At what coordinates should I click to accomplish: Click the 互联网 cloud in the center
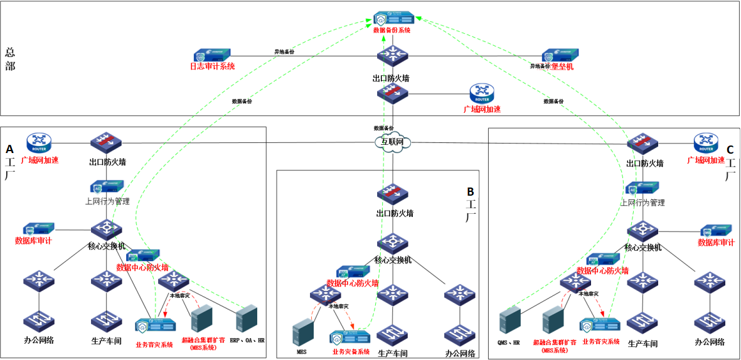[x=393, y=142]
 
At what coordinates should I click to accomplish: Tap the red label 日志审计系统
[x=212, y=66]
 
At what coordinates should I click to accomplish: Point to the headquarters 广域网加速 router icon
[x=482, y=94]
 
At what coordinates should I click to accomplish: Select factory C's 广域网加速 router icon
[x=705, y=142]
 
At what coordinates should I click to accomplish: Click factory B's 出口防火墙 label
[x=394, y=213]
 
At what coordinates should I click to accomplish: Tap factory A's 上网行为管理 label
[x=107, y=201]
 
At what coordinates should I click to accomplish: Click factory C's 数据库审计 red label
[x=716, y=242]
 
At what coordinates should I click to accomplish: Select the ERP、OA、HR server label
[x=247, y=340]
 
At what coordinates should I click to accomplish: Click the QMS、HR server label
[x=509, y=342]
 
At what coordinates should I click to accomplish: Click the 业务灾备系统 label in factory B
[x=351, y=352]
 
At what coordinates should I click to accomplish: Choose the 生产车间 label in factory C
[x=642, y=344]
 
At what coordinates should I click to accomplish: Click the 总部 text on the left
[x=10, y=59]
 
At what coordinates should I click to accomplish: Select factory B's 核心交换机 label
[x=393, y=260]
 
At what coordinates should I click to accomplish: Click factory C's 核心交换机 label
[x=642, y=248]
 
